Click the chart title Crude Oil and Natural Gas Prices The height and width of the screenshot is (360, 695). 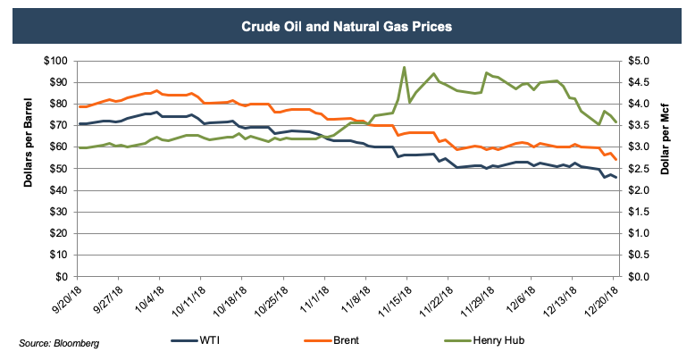tap(347, 26)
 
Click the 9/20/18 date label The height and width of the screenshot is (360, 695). tap(65, 297)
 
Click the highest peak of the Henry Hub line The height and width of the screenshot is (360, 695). tap(405, 67)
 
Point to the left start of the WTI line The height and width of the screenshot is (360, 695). tap(80, 124)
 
